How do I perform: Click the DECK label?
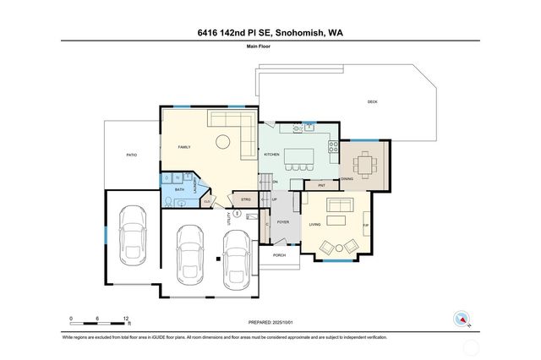tap(372, 102)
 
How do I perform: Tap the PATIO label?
tap(131, 155)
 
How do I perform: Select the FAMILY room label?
tap(183, 147)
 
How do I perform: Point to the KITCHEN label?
tap(271, 155)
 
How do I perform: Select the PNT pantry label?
tap(321, 184)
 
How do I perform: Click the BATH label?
tap(179, 190)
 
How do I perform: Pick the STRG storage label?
tap(246, 199)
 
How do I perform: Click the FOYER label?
tap(283, 221)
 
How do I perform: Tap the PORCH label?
tap(279, 254)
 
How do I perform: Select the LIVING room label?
tap(314, 224)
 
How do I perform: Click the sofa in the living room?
tap(342, 205)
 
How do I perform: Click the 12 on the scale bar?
tap(126, 319)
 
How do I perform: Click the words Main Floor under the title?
tap(270, 48)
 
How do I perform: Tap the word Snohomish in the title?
tap(298, 33)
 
